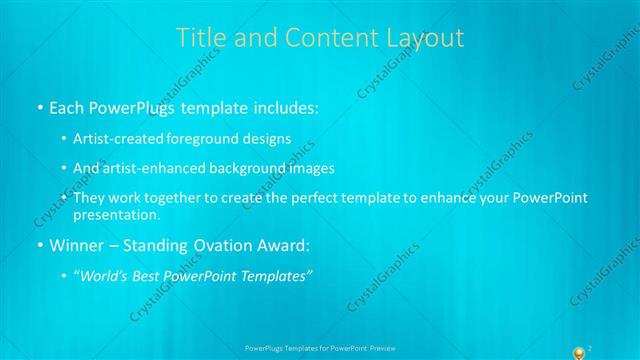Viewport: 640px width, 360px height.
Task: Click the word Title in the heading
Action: pos(198,38)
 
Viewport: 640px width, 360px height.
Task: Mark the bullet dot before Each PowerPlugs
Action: pos(39,107)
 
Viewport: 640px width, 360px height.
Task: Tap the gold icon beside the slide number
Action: pos(577,351)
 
